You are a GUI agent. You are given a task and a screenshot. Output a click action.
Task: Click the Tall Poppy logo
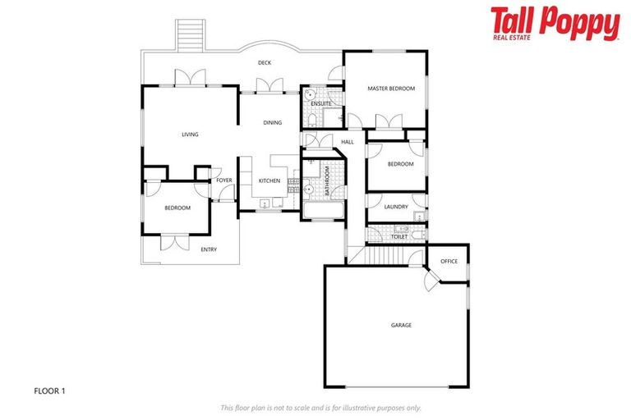point(555,24)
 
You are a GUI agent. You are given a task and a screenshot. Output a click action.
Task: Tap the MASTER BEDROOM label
point(390,89)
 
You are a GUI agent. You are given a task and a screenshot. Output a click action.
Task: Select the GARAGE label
point(401,326)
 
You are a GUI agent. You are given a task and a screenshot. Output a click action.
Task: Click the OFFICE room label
point(449,262)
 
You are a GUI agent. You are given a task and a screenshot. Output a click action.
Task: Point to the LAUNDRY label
point(396,207)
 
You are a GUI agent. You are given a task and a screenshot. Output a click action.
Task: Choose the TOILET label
point(398,237)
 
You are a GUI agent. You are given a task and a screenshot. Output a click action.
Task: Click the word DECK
point(265,63)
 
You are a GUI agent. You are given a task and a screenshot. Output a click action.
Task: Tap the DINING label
point(272,123)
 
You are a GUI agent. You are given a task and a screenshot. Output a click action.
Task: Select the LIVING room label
point(190,135)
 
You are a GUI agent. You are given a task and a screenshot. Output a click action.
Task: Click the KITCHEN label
point(269,180)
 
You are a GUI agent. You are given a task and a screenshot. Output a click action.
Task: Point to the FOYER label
point(224,180)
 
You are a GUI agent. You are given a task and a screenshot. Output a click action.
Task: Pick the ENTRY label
point(209,249)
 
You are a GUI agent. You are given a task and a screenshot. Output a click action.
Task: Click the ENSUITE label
point(321,103)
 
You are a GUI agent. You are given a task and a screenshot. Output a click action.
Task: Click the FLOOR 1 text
point(49,390)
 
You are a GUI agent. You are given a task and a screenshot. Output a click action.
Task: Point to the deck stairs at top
point(191,36)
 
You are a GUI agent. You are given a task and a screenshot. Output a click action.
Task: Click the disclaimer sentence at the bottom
point(320,408)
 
